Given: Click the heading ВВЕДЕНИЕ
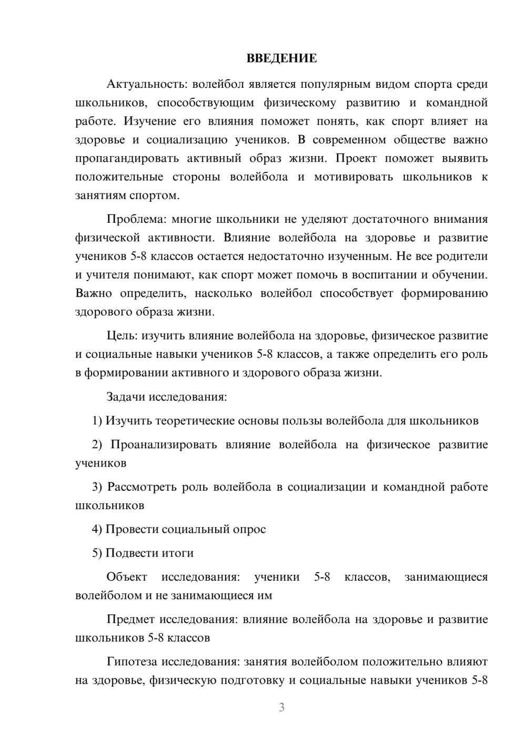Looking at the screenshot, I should point(281,58).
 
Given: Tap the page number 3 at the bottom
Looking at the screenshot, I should point(281,707).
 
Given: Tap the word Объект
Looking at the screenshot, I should point(127,577).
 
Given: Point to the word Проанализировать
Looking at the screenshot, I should point(164,445).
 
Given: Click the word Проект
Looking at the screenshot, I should point(355,159).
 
